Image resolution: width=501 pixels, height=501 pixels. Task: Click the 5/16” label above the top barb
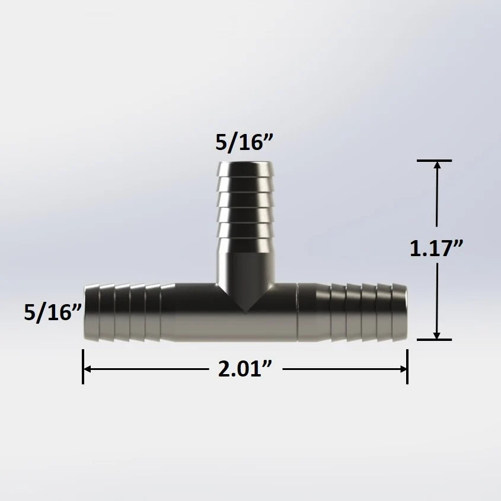coord(244,142)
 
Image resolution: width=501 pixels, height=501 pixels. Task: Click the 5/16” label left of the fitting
coord(53,312)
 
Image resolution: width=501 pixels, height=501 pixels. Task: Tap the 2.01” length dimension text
coord(245,369)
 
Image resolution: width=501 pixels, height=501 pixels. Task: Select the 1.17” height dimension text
coord(436,248)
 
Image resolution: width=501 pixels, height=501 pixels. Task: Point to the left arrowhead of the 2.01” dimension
coord(87,369)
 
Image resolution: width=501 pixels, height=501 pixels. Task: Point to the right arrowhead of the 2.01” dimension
coord(403,369)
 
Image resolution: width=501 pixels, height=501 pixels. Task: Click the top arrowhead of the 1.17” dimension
coord(437,165)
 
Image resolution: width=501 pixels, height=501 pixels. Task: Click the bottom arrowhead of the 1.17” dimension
coord(437,334)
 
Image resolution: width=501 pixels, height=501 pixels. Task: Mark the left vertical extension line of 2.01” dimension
coord(83,366)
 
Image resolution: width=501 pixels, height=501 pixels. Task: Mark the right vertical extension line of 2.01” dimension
coord(407,366)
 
